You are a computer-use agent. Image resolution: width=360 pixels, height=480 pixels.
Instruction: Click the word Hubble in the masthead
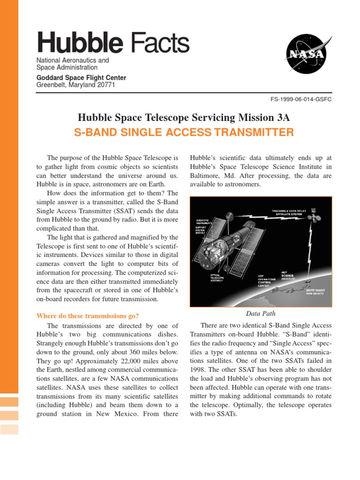click(80, 43)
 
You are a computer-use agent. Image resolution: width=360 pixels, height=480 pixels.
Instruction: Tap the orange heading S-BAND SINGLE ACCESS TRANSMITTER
click(184, 133)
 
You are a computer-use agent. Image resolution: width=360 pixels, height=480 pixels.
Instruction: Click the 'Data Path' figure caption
click(261, 313)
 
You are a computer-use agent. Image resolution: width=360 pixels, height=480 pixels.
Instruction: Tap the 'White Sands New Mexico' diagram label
click(319, 292)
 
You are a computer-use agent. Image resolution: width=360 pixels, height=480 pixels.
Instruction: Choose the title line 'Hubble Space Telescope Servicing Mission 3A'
click(184, 117)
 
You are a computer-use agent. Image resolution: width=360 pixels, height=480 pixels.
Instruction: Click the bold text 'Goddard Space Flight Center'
click(81, 78)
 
